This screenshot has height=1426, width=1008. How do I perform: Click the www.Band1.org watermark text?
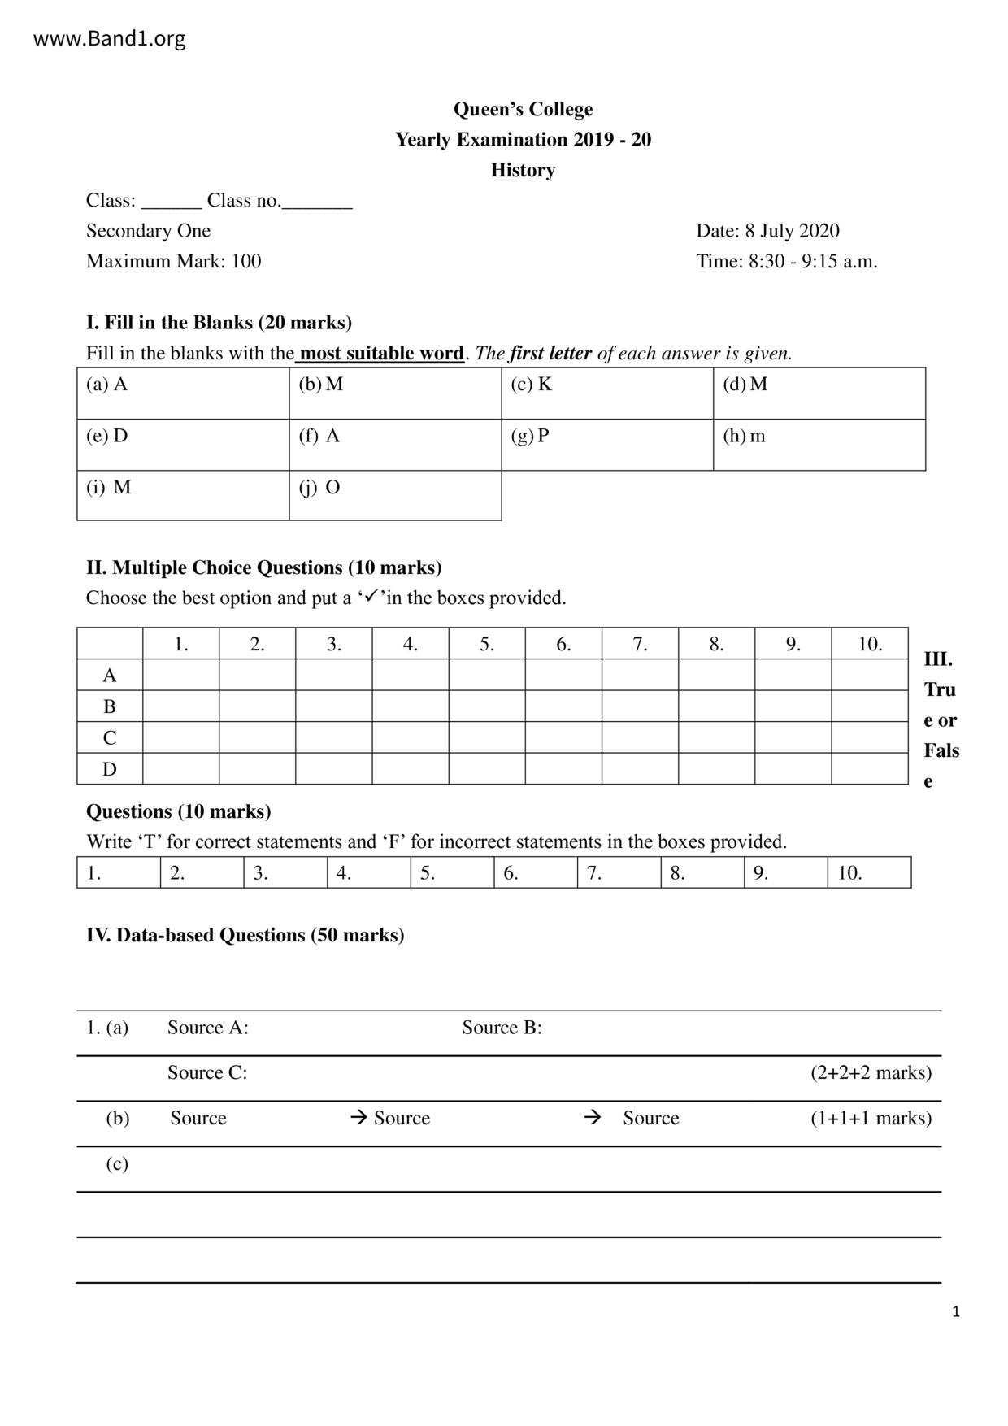109,38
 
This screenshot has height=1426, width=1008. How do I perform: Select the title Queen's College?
523,109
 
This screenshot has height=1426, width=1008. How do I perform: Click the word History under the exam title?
523,170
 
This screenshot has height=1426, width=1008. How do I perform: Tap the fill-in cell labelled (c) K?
606,393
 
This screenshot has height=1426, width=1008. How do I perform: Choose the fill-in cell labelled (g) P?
606,445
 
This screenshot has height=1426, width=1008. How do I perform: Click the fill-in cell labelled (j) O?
395,495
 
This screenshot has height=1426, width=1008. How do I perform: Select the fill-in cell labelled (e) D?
183,445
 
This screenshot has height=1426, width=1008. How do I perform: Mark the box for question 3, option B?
334,706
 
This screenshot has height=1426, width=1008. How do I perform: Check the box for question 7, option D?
640,769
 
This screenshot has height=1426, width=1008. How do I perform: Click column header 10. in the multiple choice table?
870,644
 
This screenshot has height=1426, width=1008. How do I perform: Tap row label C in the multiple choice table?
110,738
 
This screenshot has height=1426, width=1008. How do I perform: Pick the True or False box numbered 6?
536,873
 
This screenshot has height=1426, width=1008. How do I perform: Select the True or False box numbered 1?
119,873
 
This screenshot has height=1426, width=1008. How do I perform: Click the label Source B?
502,1028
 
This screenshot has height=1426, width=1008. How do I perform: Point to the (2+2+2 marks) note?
871,1073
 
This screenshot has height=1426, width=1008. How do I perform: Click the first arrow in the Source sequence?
358,1118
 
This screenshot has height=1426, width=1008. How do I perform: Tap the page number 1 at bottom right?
956,1311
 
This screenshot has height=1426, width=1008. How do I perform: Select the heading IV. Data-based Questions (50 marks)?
245,935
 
